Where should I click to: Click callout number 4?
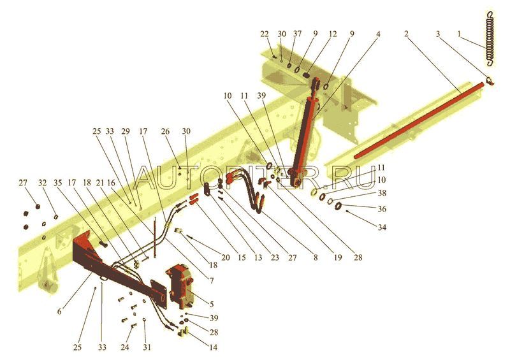coord(378,33)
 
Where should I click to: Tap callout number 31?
coord(147,347)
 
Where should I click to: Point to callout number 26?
coord(166,132)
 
